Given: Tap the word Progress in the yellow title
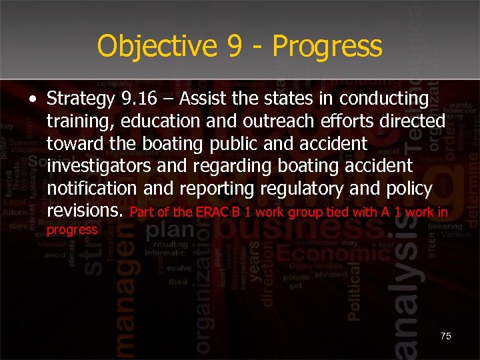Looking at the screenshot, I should [327, 47].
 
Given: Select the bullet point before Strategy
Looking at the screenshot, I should [33, 100].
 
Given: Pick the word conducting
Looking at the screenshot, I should [384, 99].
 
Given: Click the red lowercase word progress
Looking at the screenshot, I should [72, 230].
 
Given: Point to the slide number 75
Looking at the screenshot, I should [445, 336].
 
